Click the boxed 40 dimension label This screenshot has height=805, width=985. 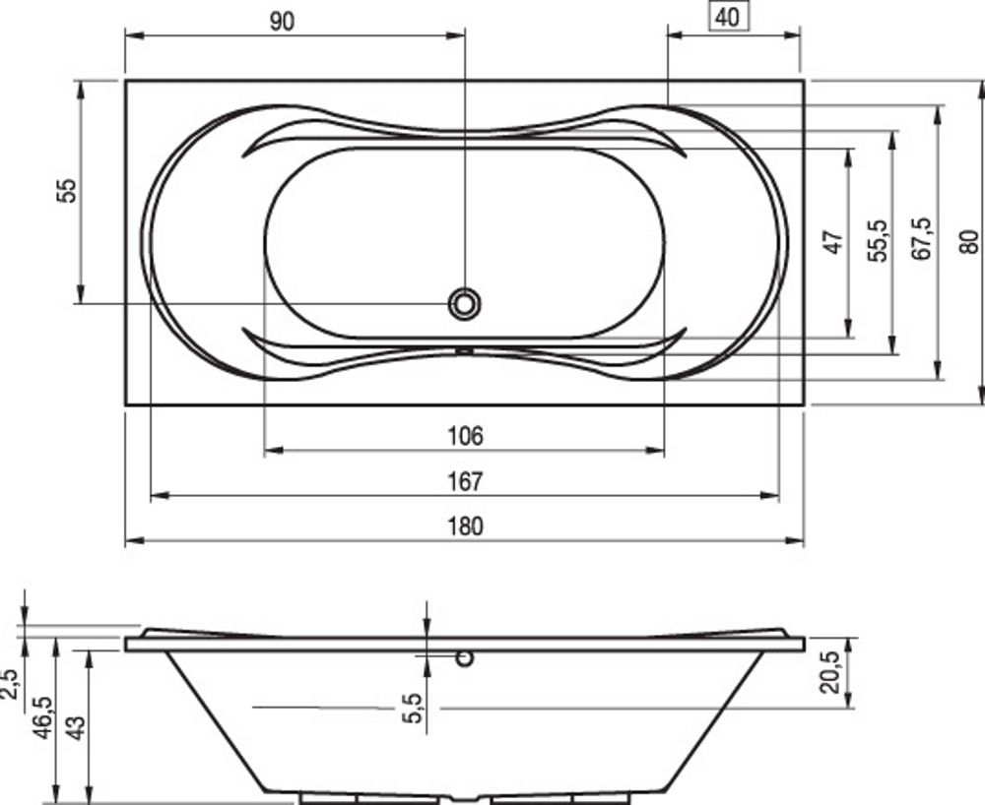[x=729, y=17]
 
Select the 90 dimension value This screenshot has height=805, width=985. [x=282, y=22]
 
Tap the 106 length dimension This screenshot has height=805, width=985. [x=466, y=435]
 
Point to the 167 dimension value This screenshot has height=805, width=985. [x=466, y=481]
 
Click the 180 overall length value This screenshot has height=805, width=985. [x=466, y=526]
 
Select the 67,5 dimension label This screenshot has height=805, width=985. [x=922, y=239]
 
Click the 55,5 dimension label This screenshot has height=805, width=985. [x=879, y=241]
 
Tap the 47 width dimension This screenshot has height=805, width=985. [x=833, y=242]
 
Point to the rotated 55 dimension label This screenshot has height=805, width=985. [x=67, y=191]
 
